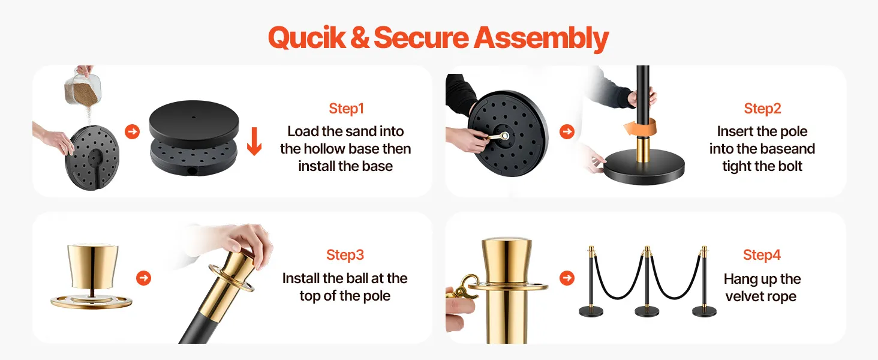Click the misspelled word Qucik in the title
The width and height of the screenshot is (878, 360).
pyautogui.click(x=307, y=38)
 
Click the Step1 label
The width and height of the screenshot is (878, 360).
pyautogui.click(x=347, y=108)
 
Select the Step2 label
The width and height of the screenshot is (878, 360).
pyautogui.click(x=762, y=108)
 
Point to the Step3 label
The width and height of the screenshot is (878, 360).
pyautogui.click(x=345, y=255)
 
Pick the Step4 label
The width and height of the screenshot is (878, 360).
pyautogui.click(x=762, y=255)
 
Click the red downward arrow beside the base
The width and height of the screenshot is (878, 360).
pyautogui.click(x=254, y=141)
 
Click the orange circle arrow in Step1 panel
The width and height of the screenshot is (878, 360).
pyautogui.click(x=133, y=131)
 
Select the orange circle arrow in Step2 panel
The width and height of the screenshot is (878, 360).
pyautogui.click(x=567, y=131)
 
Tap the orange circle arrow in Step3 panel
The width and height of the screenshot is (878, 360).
pyautogui.click(x=143, y=278)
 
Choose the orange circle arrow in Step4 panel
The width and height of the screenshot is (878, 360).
pyautogui.click(x=567, y=278)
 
